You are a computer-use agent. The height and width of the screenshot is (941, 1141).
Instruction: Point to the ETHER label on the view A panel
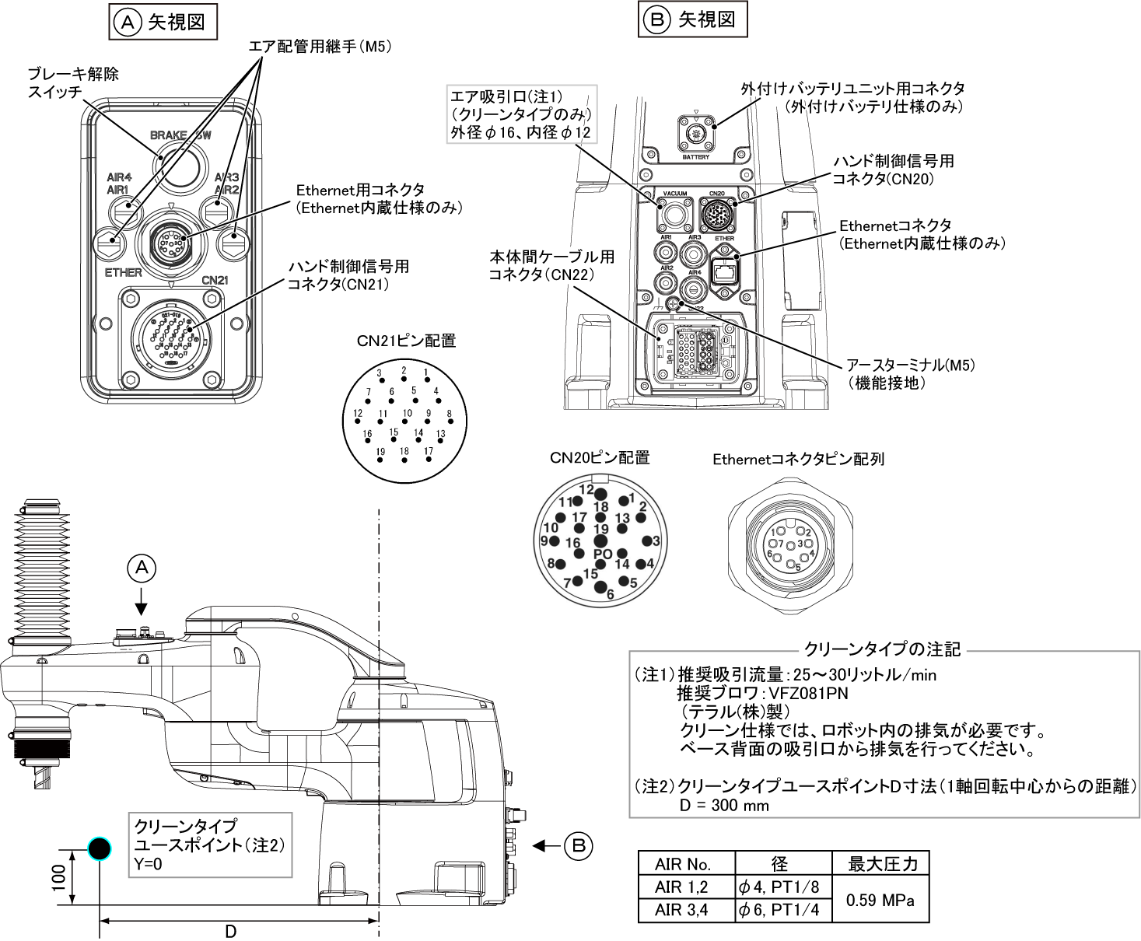124,272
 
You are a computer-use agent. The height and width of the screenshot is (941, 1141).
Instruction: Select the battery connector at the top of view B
696,134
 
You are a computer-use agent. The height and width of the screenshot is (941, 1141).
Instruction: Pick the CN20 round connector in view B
716,212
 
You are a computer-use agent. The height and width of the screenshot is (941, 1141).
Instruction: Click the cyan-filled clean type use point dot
100,849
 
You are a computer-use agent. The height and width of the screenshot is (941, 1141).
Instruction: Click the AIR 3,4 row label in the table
681,909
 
